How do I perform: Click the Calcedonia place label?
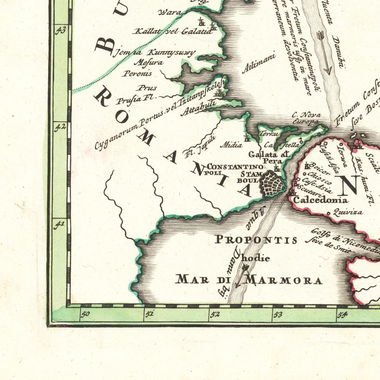(x=320, y=200)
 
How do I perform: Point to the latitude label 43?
(x=61, y=31)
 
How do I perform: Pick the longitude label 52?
(x=215, y=314)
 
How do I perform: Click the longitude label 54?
(x=342, y=315)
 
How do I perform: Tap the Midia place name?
(x=231, y=145)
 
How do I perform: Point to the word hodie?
(x=255, y=258)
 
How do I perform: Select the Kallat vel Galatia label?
(x=173, y=31)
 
